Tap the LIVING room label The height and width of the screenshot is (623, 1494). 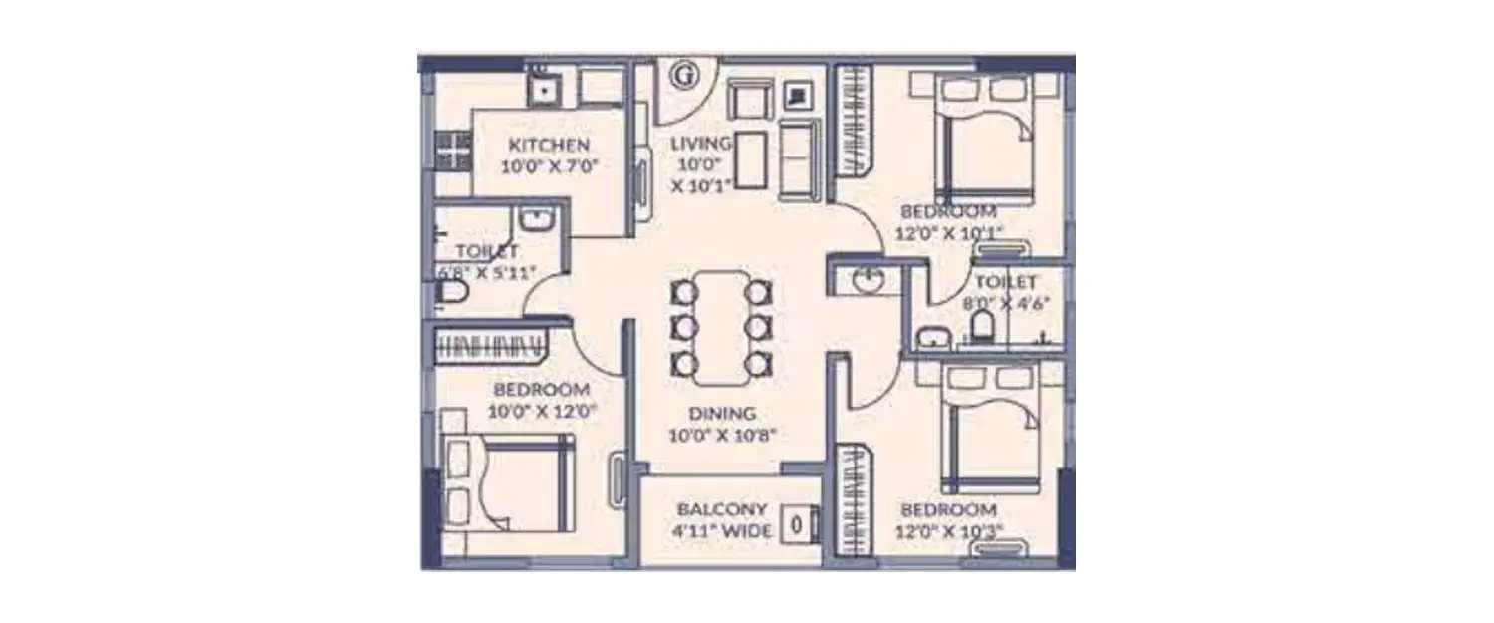701,143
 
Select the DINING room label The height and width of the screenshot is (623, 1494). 722,413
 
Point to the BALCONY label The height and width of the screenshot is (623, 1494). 722,508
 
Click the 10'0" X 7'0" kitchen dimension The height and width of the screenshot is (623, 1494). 549,166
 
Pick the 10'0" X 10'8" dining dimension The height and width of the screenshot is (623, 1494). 722,435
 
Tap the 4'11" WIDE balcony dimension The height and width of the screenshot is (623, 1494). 722,531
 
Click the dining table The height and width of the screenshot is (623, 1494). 721,328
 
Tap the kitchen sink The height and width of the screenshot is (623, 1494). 544,88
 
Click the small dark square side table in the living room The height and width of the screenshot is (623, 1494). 798,96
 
